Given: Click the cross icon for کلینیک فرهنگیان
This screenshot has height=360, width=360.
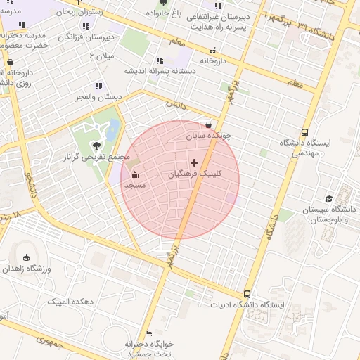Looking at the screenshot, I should (195, 162).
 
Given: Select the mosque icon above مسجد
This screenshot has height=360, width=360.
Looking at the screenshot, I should (134, 175).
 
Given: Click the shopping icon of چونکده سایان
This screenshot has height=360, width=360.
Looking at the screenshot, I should (209, 125).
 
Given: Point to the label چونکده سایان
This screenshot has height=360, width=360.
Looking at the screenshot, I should (208, 135).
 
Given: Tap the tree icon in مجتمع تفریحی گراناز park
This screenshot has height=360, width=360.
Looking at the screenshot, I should (96, 146).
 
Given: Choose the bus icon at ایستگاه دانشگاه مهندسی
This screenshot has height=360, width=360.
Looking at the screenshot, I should (304, 132).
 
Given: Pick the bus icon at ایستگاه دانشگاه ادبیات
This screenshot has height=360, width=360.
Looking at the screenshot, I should (247, 294).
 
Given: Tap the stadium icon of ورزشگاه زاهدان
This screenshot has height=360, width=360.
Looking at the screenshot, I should (27, 257).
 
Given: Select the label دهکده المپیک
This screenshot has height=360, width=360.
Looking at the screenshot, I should (70, 302).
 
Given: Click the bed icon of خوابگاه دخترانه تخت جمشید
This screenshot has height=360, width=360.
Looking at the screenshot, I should (148, 333).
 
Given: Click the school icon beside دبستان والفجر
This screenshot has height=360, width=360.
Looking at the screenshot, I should (98, 86).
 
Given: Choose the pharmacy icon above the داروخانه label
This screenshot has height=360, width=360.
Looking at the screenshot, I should (213, 51).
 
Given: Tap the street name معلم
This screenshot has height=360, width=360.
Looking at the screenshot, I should (295, 84).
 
